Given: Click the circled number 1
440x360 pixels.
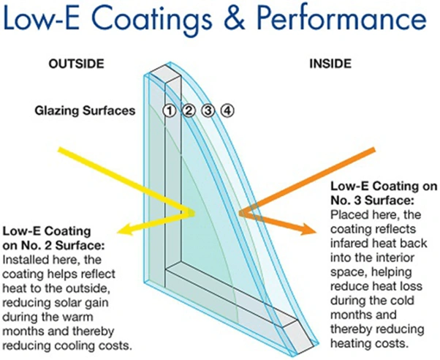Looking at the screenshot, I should (x=170, y=111).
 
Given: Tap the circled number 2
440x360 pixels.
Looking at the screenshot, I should (x=189, y=111).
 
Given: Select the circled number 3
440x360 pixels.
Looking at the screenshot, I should (x=208, y=111).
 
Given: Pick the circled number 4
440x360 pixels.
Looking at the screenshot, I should (x=227, y=111).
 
